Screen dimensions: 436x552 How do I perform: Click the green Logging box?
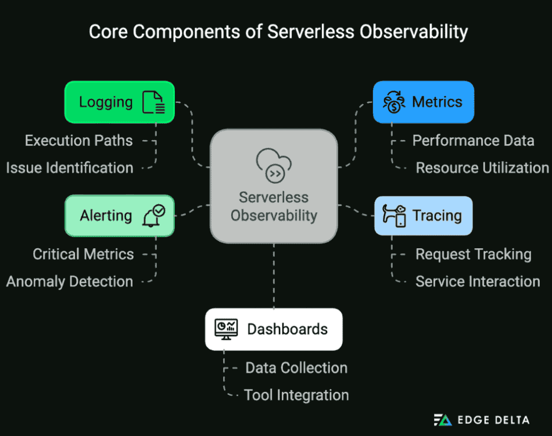(119, 102)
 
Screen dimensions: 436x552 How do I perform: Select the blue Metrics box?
(423, 102)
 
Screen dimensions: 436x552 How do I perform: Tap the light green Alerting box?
(119, 216)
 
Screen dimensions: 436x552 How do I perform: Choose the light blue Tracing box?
(423, 216)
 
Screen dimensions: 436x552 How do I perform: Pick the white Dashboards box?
(274, 329)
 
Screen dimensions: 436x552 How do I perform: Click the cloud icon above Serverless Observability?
(274, 165)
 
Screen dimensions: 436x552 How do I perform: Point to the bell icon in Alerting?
(153, 216)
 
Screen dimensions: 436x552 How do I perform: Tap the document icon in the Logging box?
(154, 102)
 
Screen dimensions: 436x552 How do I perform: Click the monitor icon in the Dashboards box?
(226, 329)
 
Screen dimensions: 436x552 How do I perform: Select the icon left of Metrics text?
(394, 102)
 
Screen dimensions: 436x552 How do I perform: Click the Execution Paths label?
(78, 141)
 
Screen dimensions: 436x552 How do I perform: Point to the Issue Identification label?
(70, 168)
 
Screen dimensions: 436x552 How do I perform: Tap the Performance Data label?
(473, 141)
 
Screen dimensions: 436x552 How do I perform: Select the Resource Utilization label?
(482, 168)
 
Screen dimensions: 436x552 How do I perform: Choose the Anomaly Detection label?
(70, 281)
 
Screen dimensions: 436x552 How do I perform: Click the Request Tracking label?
(473, 254)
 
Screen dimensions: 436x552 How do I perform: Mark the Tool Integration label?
(296, 395)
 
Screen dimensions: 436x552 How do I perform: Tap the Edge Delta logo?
(482, 420)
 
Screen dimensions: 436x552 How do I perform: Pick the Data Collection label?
(296, 368)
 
